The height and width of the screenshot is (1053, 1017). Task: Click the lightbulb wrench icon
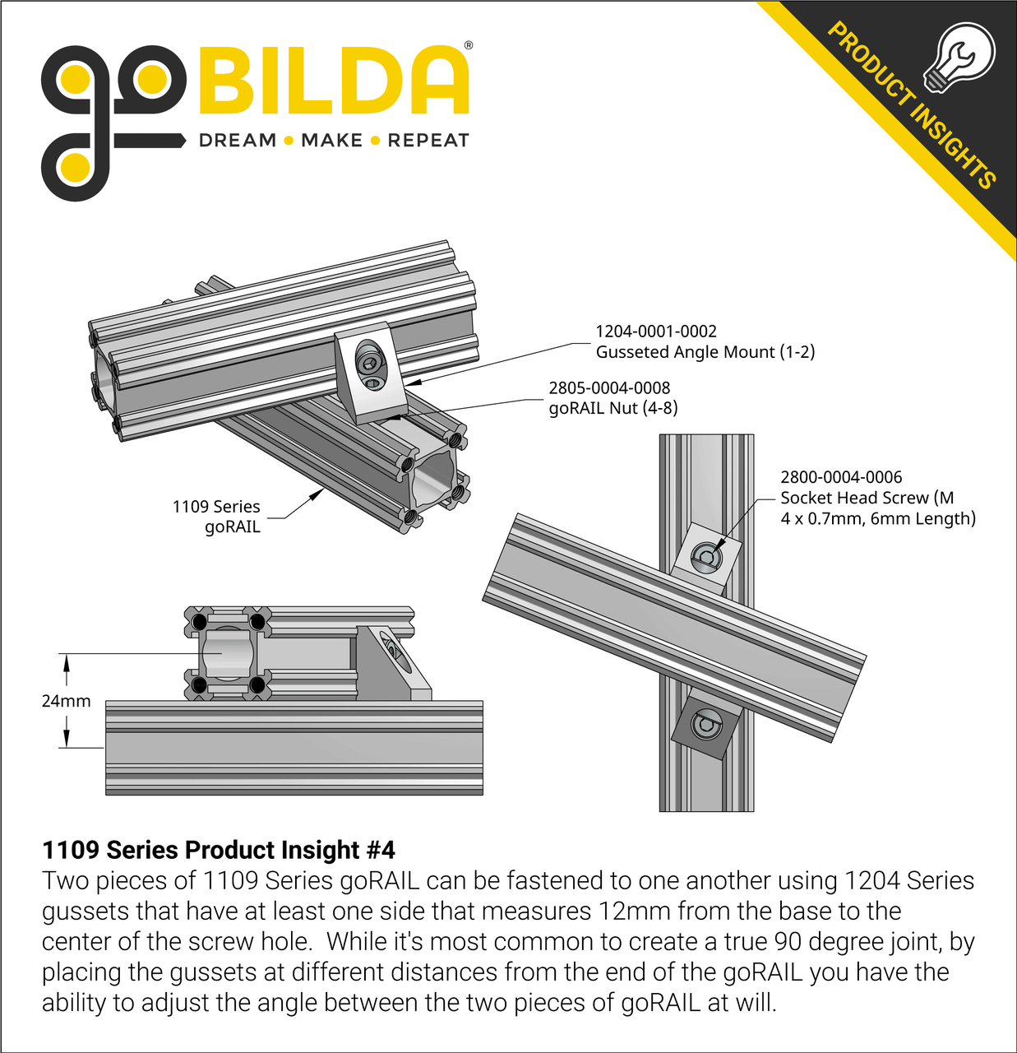958,57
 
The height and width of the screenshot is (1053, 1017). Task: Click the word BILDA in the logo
333,80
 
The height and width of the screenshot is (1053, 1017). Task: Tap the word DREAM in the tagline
238,141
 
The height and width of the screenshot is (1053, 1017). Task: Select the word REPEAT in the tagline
428,141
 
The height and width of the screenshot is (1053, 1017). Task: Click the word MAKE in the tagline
331,141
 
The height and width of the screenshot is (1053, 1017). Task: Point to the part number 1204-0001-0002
655,332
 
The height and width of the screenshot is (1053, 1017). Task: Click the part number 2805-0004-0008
609,387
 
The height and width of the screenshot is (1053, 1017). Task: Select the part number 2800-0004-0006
841,477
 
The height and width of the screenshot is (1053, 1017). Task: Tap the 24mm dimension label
66,701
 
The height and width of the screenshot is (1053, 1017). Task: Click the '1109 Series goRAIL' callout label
217,517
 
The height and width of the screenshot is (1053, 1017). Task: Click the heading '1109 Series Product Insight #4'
219,850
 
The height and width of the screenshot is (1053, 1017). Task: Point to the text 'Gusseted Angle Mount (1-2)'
705,352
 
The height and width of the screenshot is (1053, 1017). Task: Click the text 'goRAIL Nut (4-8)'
613,408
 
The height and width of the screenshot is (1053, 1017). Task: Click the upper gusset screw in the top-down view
706,558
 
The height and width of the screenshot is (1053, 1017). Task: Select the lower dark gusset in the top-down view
705,726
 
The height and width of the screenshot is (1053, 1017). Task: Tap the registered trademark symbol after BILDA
469,46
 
